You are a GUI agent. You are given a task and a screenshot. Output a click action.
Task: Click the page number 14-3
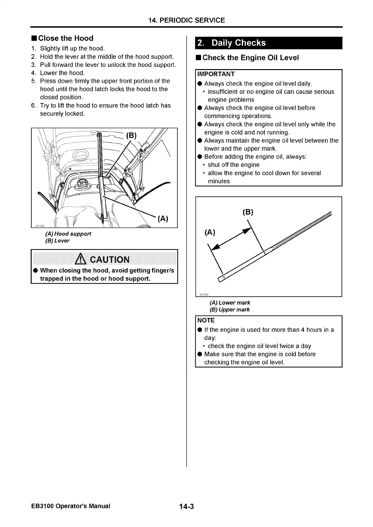pos(187,506)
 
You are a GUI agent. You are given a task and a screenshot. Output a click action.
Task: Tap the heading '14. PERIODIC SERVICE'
pos(187,20)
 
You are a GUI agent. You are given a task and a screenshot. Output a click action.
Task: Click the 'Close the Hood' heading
pos(65,38)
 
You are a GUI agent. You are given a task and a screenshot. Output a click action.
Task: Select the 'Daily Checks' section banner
pos(238,43)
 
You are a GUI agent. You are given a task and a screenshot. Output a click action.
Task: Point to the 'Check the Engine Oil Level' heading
pos(251,58)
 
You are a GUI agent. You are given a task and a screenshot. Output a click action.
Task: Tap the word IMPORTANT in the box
pos(216,74)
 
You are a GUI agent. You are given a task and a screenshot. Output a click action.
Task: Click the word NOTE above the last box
pos(206,320)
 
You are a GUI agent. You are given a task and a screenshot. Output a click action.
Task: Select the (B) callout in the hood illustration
pos(131,135)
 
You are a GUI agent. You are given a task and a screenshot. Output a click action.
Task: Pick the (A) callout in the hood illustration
pos(163,219)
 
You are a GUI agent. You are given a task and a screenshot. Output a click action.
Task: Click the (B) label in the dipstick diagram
pos(248,212)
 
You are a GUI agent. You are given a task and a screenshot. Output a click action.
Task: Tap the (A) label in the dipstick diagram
pos(210,232)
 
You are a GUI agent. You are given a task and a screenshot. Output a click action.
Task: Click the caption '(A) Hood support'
pos(68,234)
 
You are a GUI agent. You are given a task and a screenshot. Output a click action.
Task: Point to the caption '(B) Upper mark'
pos(230,310)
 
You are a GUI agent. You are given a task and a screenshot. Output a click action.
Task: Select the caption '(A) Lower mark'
pos(230,303)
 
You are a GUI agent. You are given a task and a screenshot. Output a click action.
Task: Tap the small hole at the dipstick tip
pos(224,277)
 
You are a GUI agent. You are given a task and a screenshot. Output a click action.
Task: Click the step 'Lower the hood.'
pos(62,73)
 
